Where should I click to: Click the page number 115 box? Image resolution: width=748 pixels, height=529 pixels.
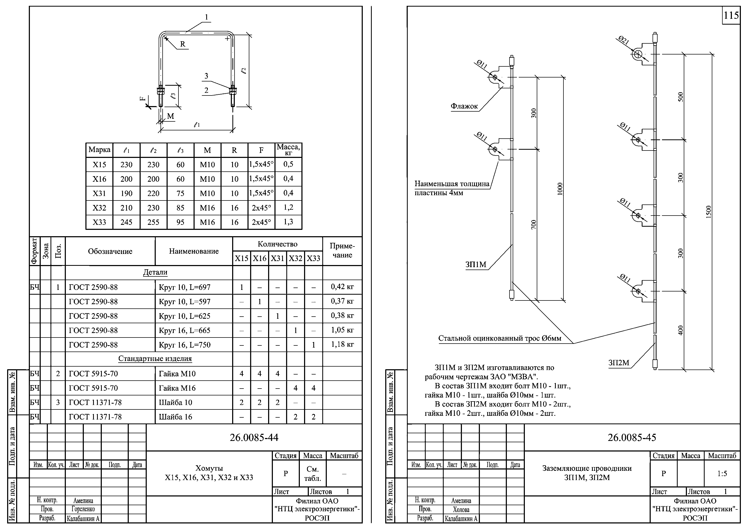731,15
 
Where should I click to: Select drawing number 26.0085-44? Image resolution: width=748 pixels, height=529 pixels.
254,437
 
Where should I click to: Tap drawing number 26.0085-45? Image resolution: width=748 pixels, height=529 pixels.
632,437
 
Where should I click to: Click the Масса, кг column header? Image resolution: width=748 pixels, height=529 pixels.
288,150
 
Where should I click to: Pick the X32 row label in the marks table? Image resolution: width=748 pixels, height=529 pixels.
99,208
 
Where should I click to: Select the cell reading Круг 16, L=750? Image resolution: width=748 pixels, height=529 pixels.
185,345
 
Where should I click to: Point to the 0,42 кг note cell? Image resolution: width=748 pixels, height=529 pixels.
342,287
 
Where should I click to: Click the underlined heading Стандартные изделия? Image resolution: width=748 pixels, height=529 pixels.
155,359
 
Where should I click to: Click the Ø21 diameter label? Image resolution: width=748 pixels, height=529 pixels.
623,41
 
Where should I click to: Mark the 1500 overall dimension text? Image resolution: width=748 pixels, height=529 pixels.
708,212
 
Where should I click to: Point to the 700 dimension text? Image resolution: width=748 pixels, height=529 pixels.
533,225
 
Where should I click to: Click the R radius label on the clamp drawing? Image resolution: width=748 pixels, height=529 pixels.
182,44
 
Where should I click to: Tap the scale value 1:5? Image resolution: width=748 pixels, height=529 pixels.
722,474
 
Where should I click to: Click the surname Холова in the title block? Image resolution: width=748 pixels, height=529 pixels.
461,509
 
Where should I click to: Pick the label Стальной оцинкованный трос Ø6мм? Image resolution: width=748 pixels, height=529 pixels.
499,338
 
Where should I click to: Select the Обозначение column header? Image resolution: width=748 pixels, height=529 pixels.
110,251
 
